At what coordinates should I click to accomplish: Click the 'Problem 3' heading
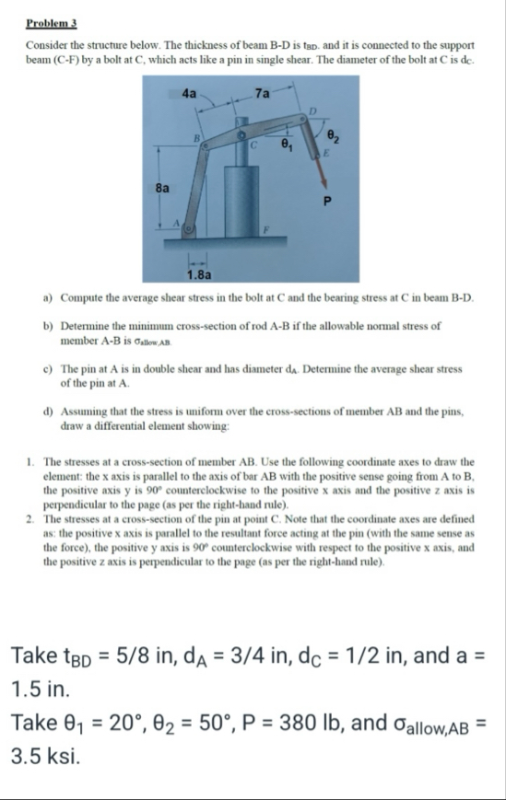(51, 23)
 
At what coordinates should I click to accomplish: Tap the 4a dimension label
(189, 93)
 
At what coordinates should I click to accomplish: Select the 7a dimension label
(262, 93)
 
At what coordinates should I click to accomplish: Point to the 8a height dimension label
(162, 189)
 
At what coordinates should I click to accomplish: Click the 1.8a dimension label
(199, 275)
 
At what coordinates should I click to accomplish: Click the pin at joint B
(205, 146)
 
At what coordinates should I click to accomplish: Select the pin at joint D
(303, 119)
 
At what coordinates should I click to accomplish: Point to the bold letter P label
(327, 202)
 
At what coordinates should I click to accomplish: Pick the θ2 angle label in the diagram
(333, 136)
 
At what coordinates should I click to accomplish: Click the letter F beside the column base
(266, 229)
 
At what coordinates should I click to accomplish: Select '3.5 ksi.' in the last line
(46, 756)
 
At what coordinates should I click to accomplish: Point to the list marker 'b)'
(49, 326)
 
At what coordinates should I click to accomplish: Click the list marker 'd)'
(49, 412)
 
